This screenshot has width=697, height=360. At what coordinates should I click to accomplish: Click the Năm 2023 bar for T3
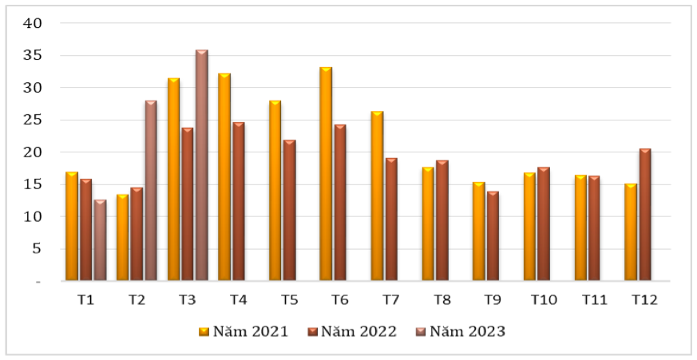pos(202,165)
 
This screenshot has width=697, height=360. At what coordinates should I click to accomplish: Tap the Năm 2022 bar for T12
pos(645,215)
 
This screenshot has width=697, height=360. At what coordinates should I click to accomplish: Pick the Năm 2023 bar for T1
pos(100,240)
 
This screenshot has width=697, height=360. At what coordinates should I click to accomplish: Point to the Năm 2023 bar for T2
pos(151,191)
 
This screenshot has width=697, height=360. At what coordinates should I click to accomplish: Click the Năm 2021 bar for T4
pos(224,177)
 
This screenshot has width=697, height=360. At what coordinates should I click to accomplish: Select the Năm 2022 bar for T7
pos(391,220)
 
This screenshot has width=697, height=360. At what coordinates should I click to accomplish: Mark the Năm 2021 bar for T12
pos(631,232)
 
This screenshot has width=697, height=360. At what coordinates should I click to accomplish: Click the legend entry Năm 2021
pos(244,331)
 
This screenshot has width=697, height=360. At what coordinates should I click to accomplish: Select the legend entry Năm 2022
pos(352,331)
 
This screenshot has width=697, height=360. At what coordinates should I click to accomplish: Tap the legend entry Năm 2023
pos(461,331)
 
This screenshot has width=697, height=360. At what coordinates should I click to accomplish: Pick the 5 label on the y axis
pos(37,249)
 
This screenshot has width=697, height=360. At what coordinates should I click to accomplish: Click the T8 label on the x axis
pos(442,300)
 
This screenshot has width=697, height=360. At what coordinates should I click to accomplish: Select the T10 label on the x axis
pos(544,300)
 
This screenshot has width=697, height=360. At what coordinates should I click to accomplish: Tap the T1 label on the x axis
pos(85,300)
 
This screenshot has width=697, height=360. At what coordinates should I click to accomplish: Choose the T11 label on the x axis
pos(595,300)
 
